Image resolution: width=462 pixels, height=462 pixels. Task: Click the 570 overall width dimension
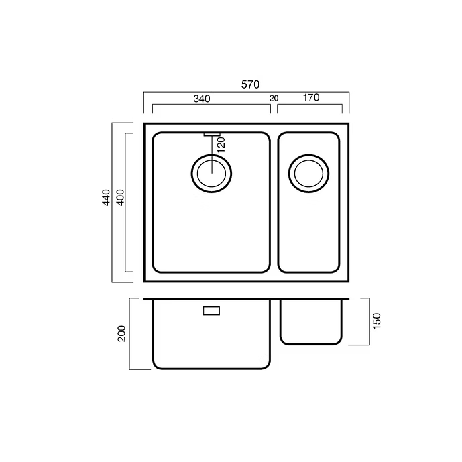coord(251,84)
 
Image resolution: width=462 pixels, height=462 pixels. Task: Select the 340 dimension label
coord(202,99)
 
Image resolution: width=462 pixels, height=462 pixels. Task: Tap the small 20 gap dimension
coord(274,98)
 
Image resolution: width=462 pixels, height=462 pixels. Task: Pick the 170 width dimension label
coord(311,97)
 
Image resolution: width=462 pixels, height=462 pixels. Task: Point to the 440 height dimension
coord(106,197)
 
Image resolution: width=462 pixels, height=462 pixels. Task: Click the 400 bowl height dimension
coord(121,197)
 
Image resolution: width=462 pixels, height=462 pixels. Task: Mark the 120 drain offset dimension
coord(221,145)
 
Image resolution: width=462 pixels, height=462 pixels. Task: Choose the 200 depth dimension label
coord(121,333)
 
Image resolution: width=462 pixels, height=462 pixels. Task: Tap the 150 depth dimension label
coord(377,321)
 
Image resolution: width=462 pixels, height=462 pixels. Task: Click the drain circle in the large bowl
coord(211,154)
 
